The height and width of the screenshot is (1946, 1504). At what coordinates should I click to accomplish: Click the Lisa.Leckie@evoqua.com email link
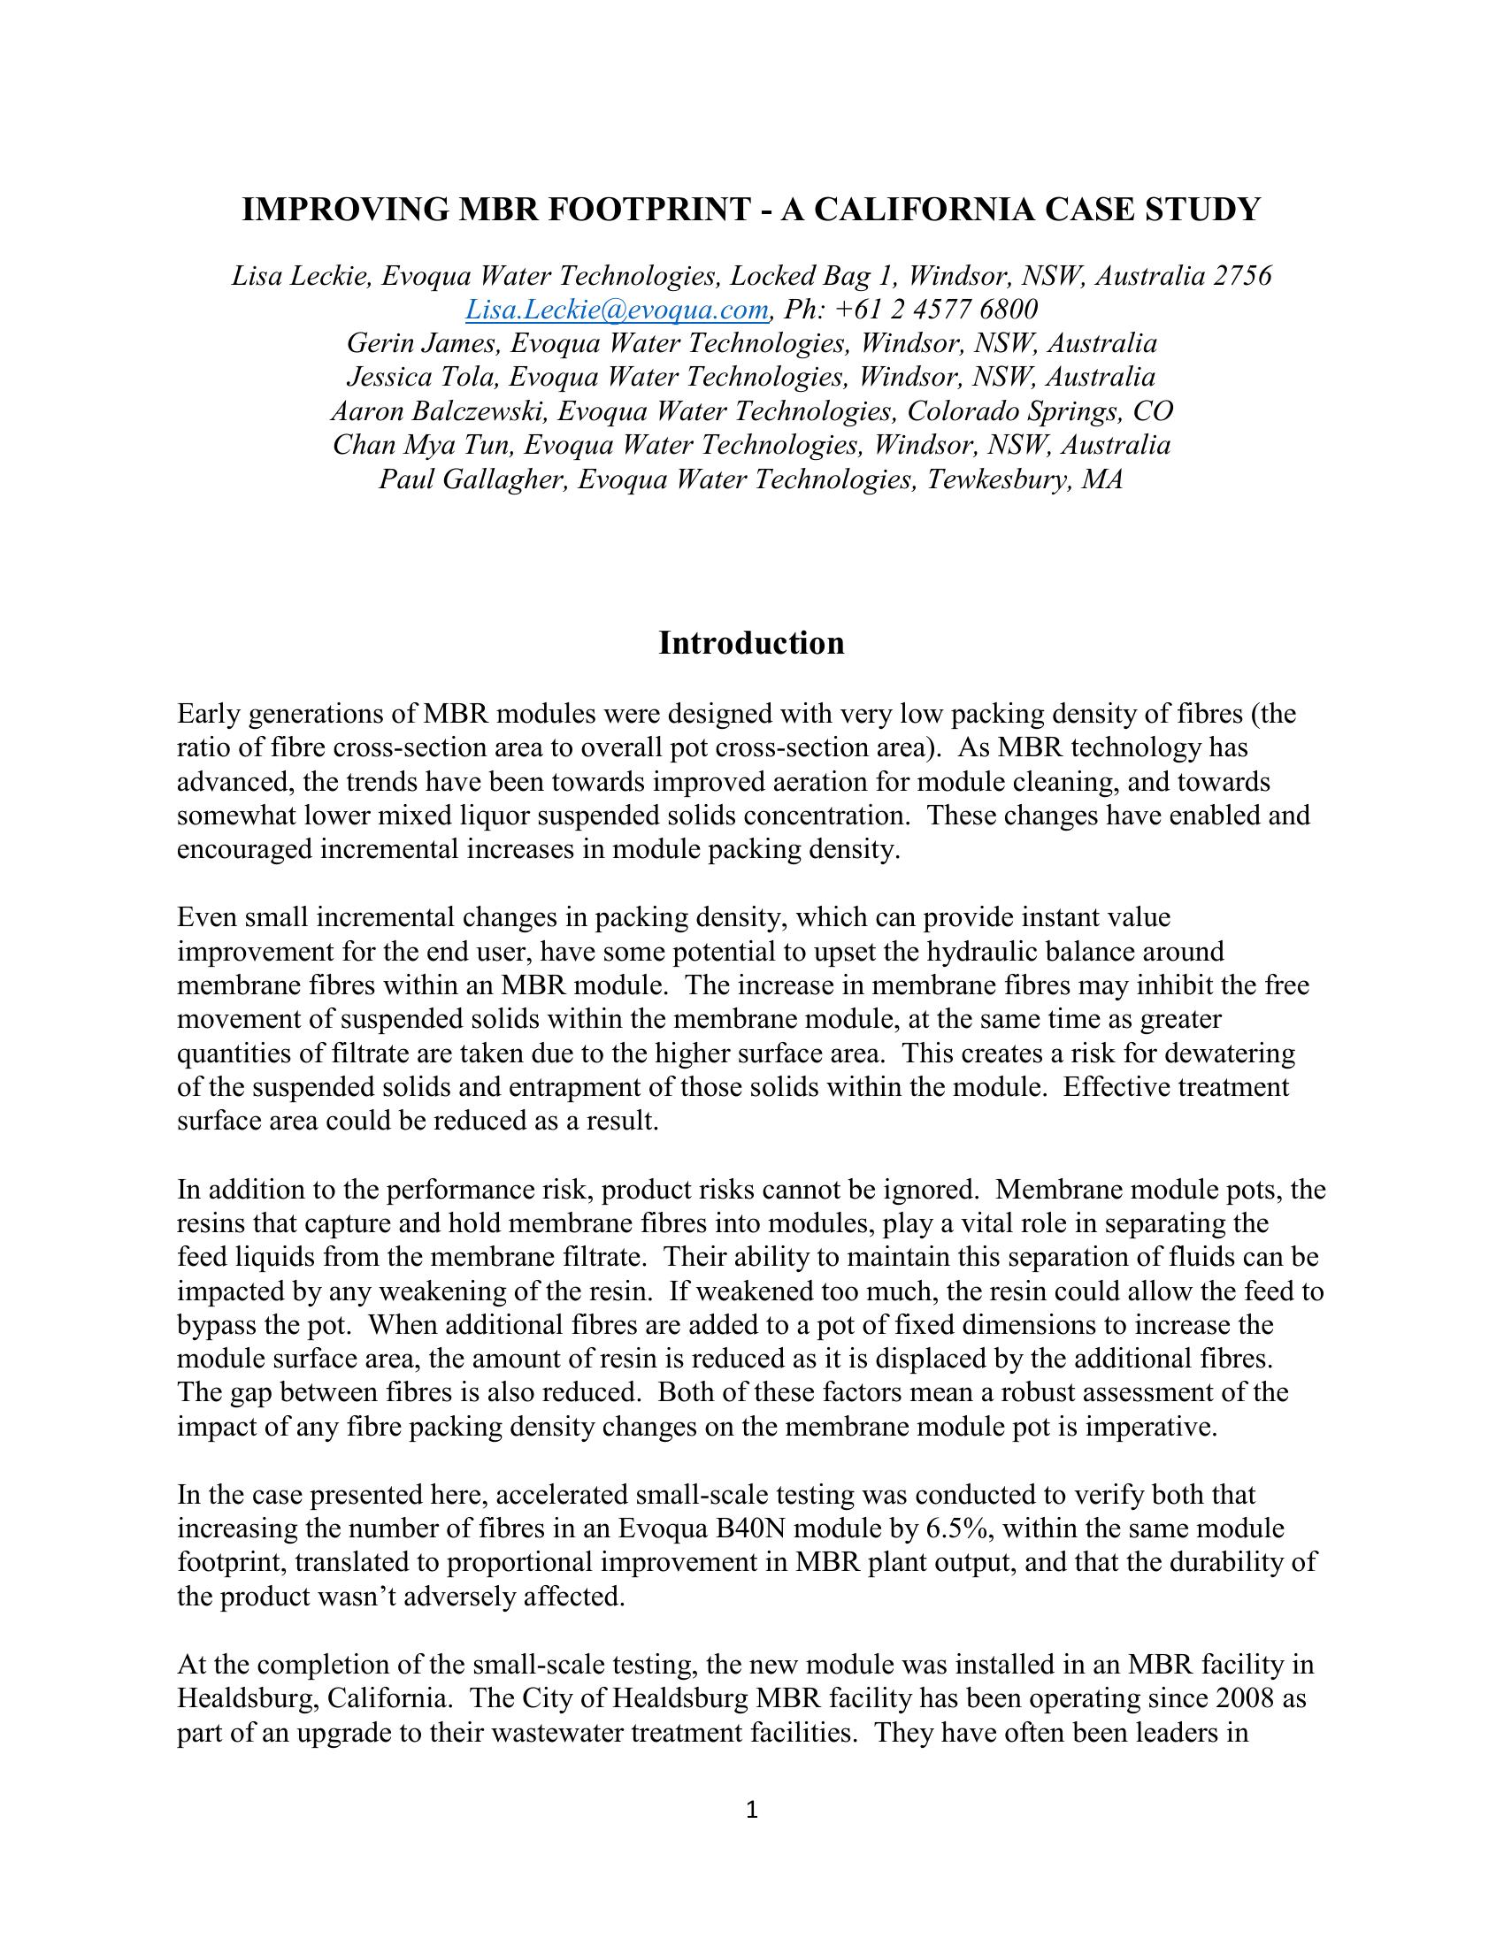pos(617,310)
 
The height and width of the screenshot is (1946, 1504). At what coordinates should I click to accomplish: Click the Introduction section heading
pos(751,643)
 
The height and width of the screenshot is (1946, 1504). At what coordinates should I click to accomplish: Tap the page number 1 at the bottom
pos(751,1810)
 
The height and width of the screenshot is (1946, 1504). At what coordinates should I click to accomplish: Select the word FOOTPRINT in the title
pos(651,210)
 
